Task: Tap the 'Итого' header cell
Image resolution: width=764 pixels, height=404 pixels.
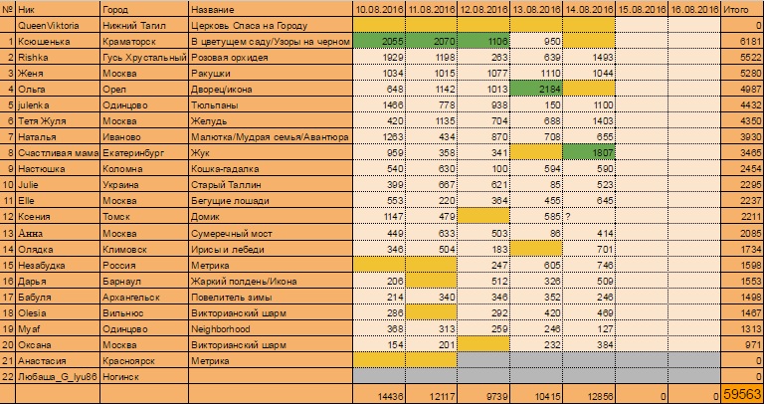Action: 742,8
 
